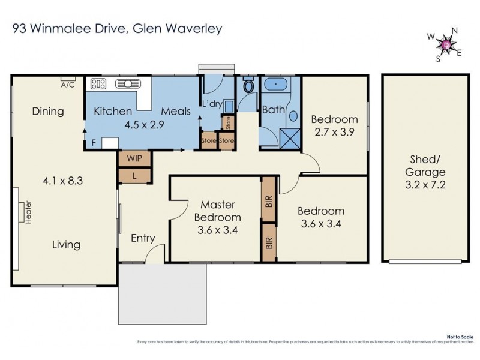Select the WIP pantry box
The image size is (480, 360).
tap(135, 158)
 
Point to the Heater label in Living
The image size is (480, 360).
tap(28, 213)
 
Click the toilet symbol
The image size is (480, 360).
tap(248, 86)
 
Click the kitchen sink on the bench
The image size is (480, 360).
tap(127, 84)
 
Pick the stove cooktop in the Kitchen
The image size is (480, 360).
tap(98, 84)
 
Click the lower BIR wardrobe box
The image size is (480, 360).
tap(269, 242)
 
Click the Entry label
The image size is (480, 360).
tap(143, 238)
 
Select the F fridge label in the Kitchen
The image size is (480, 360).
tap(93, 143)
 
